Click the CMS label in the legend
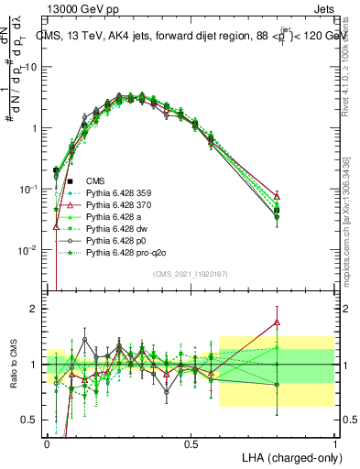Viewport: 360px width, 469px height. [x=94, y=181]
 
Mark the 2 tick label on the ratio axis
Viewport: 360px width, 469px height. [x=33, y=309]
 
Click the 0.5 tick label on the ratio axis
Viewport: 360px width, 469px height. [x=29, y=420]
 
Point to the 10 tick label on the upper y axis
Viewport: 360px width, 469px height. [x=28, y=67]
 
